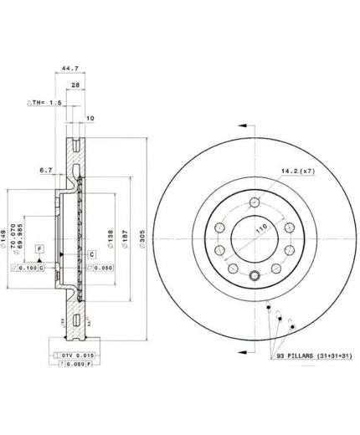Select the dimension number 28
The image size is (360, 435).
point(75,86)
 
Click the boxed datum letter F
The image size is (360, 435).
point(39,250)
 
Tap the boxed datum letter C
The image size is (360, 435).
point(91,253)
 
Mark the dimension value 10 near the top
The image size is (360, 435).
point(90,119)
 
